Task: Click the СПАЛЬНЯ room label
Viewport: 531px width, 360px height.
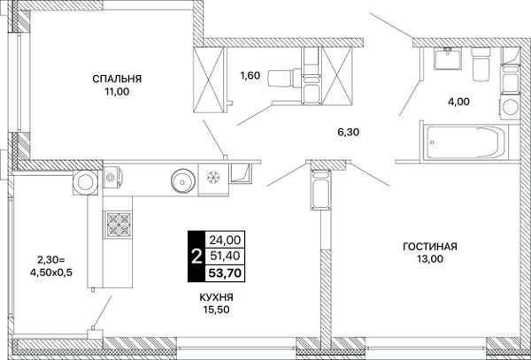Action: point(117,79)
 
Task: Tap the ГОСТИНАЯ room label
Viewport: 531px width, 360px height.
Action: point(430,246)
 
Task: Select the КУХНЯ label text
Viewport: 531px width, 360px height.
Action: point(216,297)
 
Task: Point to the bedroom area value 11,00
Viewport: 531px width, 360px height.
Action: point(117,91)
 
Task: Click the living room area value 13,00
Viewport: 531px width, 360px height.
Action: point(430,259)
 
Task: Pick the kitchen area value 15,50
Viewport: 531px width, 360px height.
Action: point(216,310)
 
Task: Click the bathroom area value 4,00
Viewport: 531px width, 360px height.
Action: point(458,101)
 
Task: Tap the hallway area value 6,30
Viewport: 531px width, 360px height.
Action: point(348,132)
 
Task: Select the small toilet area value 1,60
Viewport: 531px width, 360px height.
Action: point(250,75)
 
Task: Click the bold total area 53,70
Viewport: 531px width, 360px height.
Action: point(226,272)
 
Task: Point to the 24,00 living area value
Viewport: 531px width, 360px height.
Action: point(225,240)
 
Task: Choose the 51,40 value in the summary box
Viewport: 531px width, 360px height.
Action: point(225,256)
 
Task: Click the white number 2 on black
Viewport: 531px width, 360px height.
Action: point(196,257)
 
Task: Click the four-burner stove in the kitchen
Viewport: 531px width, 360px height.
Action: point(118,225)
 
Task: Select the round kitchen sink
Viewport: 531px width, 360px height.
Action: point(183,181)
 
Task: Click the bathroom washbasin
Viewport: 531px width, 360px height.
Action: point(448,58)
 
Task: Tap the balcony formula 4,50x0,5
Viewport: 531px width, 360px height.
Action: point(51,272)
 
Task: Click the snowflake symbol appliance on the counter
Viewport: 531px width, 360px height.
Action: point(213,176)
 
